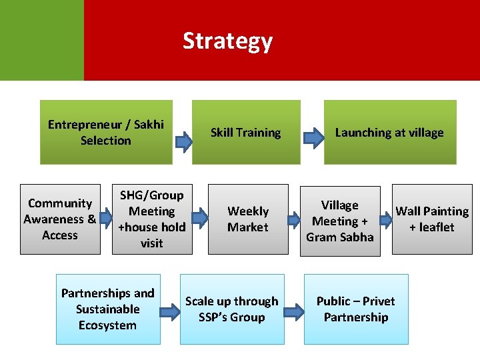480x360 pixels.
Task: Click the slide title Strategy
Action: pyautogui.click(x=227, y=41)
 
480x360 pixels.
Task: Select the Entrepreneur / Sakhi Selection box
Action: pyautogui.click(x=106, y=132)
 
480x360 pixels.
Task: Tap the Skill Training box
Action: pyautogui.click(x=245, y=132)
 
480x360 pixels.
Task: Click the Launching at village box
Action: pyautogui.click(x=389, y=132)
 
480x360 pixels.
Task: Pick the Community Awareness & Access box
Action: pyautogui.click(x=59, y=219)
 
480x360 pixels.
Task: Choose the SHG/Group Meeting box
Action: pyautogui.click(x=151, y=219)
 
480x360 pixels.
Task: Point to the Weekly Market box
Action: pyautogui.click(x=247, y=219)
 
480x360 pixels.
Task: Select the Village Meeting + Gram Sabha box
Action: pyautogui.click(x=339, y=221)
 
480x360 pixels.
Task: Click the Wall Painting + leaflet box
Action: pyautogui.click(x=432, y=219)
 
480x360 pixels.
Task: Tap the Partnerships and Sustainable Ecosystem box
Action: pyautogui.click(x=107, y=309)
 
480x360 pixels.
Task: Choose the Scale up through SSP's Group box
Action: pyautogui.click(x=231, y=309)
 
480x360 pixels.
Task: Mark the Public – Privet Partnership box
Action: pyautogui.click(x=355, y=309)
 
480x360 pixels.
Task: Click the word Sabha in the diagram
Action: pyautogui.click(x=357, y=237)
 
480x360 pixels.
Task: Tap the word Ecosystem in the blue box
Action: pyautogui.click(x=107, y=325)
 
